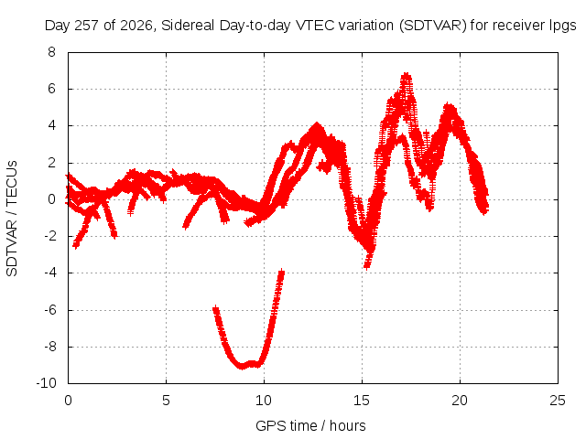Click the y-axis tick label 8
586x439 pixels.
[51, 52]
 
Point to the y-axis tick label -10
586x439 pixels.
[46, 383]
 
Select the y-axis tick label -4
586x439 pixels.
[49, 273]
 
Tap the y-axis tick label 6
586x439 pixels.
[51, 89]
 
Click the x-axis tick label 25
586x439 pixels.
[558, 401]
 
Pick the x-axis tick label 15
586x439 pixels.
[362, 401]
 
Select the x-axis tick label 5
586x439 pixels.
[166, 401]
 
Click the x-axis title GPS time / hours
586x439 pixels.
[310, 425]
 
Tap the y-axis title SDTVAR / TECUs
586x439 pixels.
[12, 219]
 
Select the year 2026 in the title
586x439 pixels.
[136, 26]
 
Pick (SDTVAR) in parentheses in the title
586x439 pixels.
[433, 26]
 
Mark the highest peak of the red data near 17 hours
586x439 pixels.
[406, 75]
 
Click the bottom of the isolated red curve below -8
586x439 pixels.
[242, 367]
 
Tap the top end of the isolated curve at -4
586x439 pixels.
[282, 271]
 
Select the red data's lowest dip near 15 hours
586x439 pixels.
[367, 267]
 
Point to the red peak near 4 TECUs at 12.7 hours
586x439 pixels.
[317, 124]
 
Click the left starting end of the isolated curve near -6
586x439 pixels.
[216, 309]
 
